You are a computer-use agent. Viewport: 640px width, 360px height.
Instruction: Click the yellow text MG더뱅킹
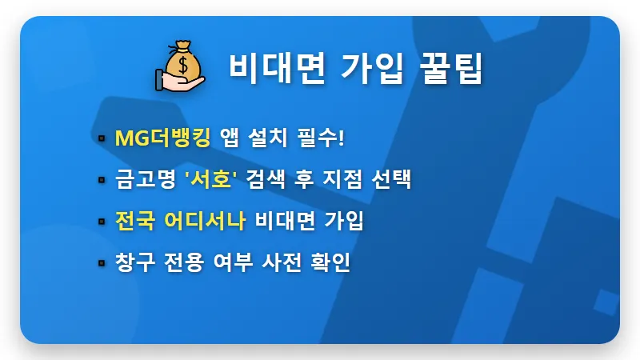[162, 138]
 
